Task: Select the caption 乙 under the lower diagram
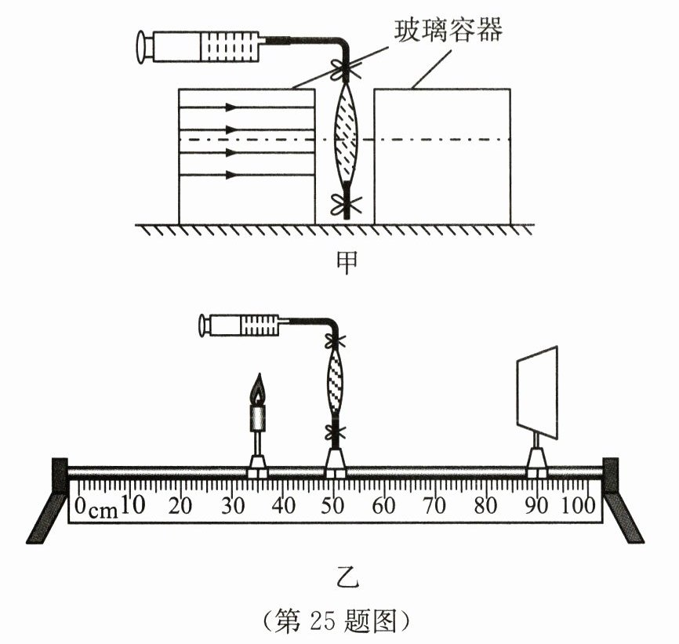pos(343,580)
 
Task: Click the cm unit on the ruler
pos(103,511)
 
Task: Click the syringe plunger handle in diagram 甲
pos(143,46)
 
